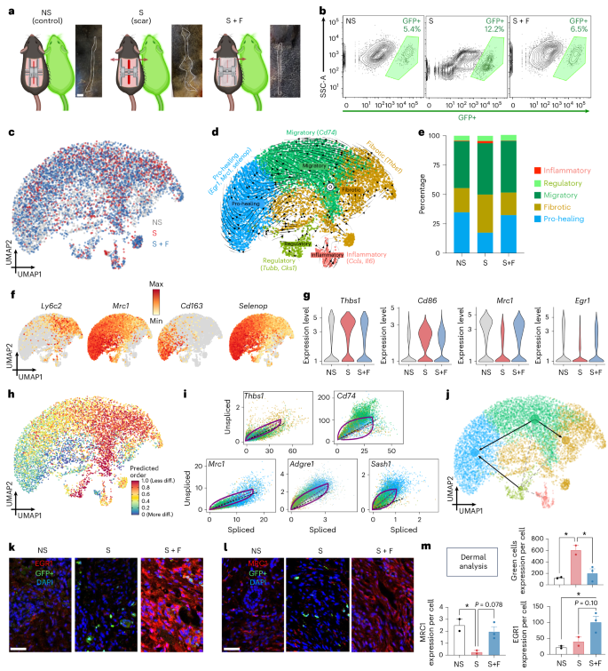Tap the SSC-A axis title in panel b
[x=326, y=67]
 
